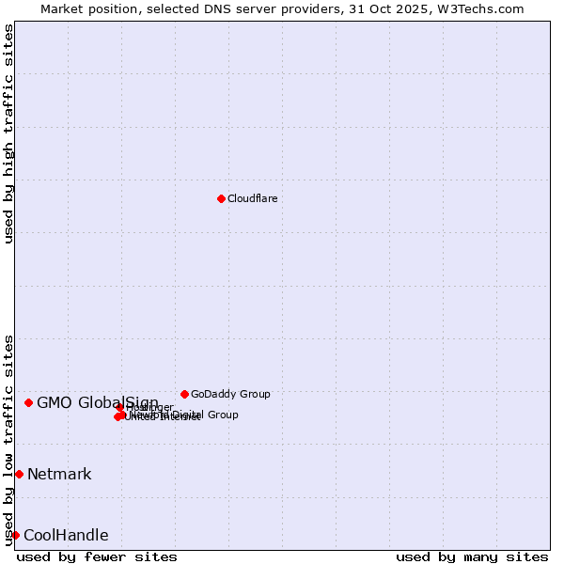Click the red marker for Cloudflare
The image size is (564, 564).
point(221,198)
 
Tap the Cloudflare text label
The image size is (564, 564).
point(252,198)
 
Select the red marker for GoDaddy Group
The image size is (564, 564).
point(184,394)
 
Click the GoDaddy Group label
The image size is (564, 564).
point(230,394)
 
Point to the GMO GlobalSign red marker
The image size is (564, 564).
point(28,402)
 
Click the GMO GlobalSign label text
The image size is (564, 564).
point(97,403)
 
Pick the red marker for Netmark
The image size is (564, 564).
point(19,474)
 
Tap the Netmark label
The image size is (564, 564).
point(59,474)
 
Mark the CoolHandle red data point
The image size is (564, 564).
point(15,535)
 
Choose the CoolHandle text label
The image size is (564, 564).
point(66,536)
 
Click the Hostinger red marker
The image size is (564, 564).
point(120,407)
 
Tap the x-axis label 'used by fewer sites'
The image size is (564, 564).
point(97,556)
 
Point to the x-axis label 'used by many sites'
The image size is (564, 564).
point(471,556)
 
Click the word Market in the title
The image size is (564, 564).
point(61,8)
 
